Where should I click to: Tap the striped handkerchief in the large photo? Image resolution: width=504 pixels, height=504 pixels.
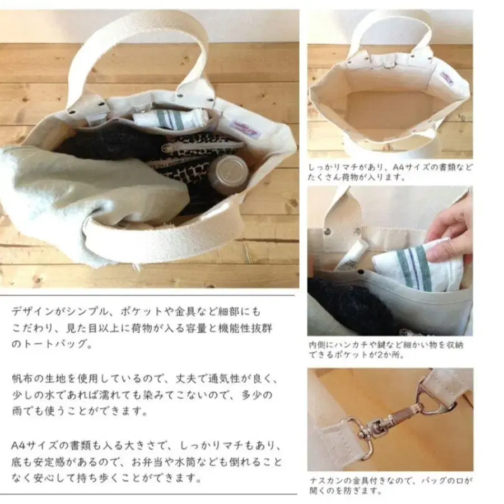pyautogui.click(x=169, y=118)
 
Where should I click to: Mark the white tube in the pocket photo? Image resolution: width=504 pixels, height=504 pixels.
pyautogui.click(x=349, y=256)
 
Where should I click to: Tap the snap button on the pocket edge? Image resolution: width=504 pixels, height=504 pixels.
pyautogui.click(x=361, y=272)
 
